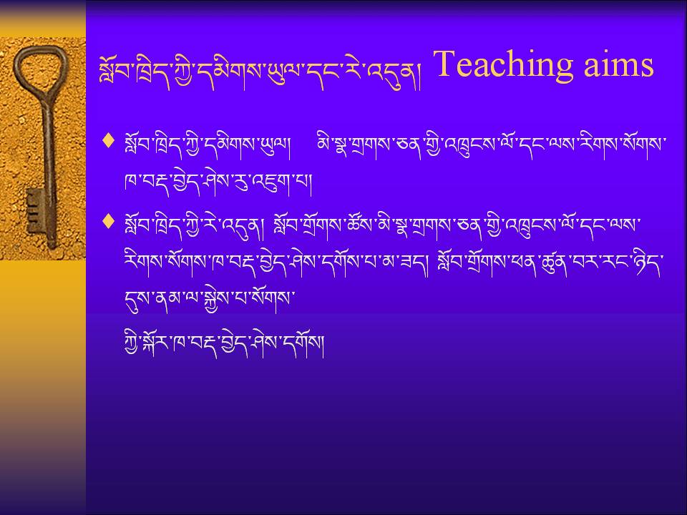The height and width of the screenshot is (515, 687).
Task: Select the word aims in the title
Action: coord(618,65)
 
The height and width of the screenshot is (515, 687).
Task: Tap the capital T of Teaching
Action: coord(447,64)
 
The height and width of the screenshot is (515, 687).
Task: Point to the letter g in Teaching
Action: coord(564,70)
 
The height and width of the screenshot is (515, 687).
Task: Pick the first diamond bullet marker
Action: coord(108,141)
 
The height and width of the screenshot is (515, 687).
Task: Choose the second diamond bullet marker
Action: coord(108,221)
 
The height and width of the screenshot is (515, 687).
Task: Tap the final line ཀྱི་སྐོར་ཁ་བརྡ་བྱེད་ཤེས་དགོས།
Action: coord(224,343)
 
